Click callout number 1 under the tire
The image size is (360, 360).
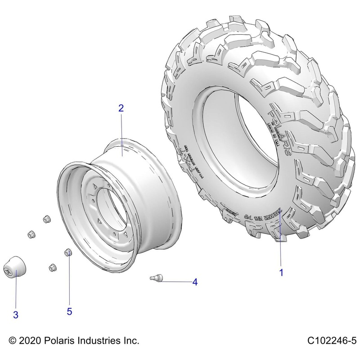click(281, 273)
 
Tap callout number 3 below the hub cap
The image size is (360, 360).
click(15, 315)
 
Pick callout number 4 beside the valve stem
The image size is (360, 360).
click(195, 283)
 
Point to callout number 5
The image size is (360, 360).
click(69, 311)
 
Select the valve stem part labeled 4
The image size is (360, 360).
click(155, 278)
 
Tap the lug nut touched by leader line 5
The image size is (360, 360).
click(69, 252)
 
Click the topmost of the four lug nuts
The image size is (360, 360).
click(45, 219)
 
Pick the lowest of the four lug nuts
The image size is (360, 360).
click(52, 267)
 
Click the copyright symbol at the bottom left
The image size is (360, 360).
click(12, 341)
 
